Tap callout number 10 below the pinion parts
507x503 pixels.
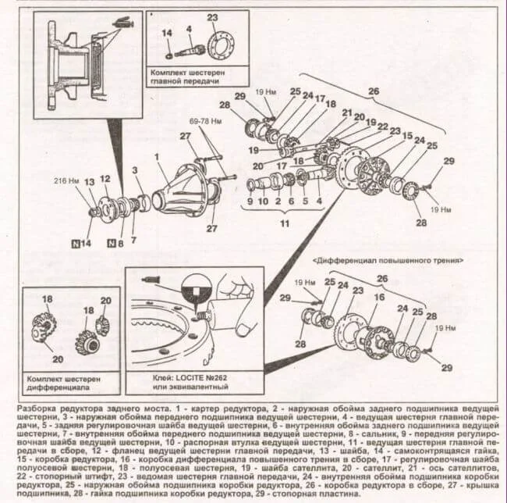[x=264, y=201]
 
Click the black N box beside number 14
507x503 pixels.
[x=76, y=243]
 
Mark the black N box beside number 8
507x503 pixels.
[x=111, y=243]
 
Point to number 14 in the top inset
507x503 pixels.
[x=166, y=33]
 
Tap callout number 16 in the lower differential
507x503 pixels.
[x=380, y=297]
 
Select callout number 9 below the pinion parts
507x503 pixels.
[x=250, y=201]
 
